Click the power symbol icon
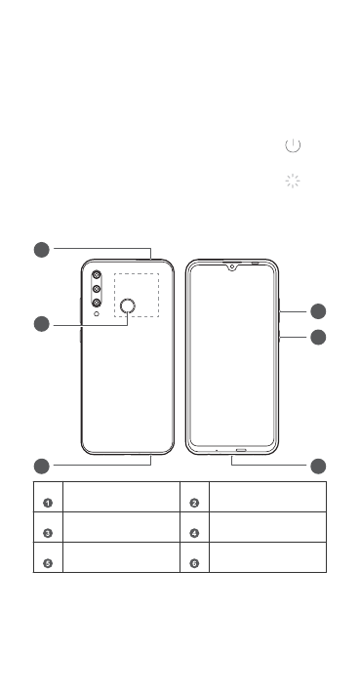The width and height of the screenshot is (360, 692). pos(293,144)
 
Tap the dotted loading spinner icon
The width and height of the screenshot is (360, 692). pos(293,181)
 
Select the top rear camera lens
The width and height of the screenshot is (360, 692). pos(97,275)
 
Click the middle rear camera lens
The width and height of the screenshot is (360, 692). pos(97,289)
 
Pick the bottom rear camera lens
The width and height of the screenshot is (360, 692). pos(97,303)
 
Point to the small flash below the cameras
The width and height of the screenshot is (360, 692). pos(97,313)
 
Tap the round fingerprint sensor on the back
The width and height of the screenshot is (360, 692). pos(128,305)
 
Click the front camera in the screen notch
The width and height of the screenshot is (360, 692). pos(231,266)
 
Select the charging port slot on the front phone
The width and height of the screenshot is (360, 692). pos(241,450)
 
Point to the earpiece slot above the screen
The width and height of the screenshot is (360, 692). pos(255,264)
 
